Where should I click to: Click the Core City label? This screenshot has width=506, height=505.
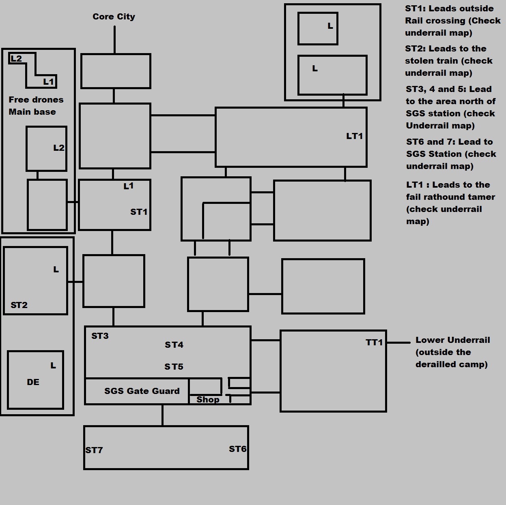point(114,17)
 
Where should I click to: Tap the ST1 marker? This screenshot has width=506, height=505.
point(139,212)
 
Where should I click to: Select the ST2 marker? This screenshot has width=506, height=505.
point(19,305)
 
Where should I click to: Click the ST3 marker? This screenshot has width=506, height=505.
point(100,336)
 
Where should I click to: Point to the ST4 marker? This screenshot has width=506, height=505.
point(174,345)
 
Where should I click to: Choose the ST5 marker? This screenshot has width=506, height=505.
point(174,367)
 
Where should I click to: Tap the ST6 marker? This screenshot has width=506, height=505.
point(238,449)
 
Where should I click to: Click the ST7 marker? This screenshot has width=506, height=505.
point(94,450)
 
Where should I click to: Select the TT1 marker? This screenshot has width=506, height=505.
point(374,342)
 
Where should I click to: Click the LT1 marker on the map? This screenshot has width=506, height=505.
point(354,136)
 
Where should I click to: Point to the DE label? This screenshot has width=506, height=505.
point(33,382)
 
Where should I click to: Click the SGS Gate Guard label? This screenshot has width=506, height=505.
point(142,391)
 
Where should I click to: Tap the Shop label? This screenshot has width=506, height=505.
point(208,400)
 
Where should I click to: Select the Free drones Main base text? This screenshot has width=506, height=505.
point(36,106)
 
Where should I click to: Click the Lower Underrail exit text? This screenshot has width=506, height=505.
point(452,352)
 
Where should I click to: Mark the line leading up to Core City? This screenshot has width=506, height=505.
point(114,40)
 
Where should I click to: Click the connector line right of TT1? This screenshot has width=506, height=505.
point(398,342)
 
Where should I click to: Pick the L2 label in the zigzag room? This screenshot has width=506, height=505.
point(16,58)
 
